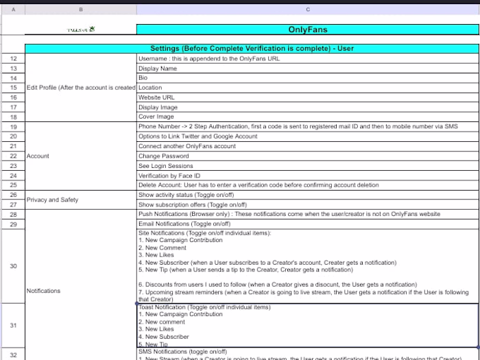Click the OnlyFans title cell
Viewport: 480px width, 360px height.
coord(307,29)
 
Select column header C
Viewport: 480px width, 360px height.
coord(307,9)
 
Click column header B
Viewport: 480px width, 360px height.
coord(81,9)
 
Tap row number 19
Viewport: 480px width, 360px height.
coord(13,127)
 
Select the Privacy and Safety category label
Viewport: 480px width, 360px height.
coord(52,200)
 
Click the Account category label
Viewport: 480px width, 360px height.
coord(38,156)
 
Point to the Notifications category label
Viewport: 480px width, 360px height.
coord(43,291)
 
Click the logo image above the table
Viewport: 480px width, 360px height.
coord(81,29)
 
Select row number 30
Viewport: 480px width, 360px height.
coord(13,265)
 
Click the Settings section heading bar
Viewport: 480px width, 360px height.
coord(252,49)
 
